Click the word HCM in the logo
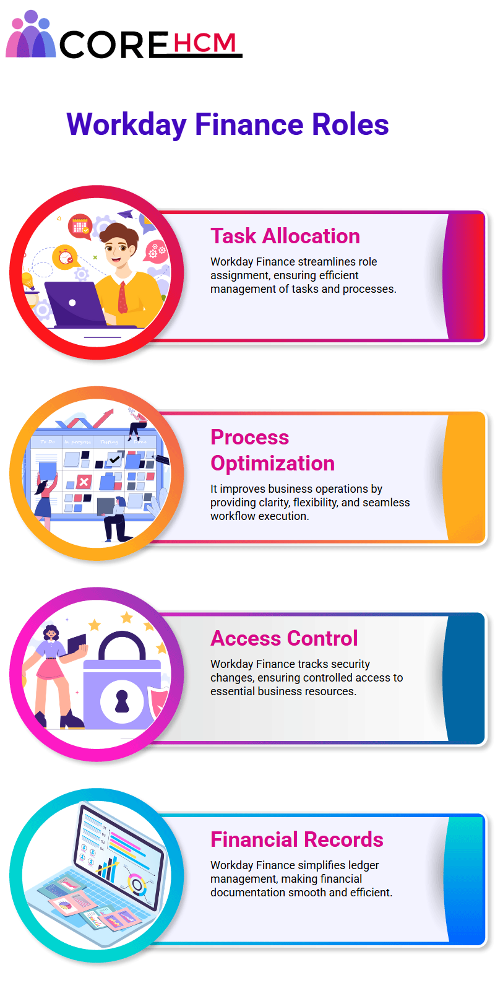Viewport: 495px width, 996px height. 204,43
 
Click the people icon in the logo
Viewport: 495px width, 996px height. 30,35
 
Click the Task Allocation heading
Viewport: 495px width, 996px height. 285,236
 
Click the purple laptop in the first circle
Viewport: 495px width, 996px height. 75,305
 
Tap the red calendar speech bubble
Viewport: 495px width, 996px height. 80,226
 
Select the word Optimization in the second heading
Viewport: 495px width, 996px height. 272,463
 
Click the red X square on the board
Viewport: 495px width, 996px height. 84,482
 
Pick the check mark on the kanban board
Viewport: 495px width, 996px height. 114,459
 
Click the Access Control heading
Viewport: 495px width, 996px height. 284,638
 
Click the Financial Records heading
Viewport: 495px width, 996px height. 297,839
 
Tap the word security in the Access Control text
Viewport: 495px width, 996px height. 350,664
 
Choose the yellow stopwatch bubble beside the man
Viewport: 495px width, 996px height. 66,257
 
